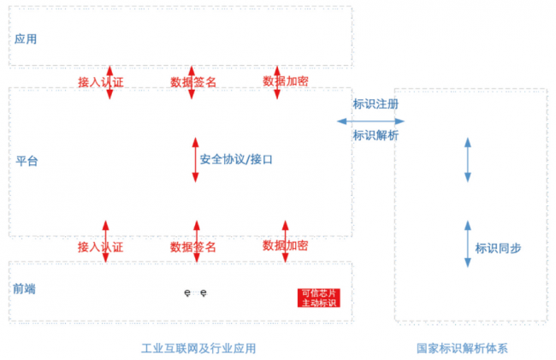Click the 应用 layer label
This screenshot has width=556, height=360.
(x=26, y=39)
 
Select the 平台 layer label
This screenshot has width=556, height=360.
(x=27, y=161)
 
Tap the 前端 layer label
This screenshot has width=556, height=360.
(x=26, y=289)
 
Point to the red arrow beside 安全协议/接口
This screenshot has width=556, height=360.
(x=196, y=160)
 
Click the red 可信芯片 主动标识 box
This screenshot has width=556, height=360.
(x=318, y=298)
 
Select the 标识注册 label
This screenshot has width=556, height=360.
(x=376, y=104)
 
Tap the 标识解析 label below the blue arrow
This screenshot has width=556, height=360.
(x=376, y=135)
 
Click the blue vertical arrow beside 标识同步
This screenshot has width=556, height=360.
(x=468, y=243)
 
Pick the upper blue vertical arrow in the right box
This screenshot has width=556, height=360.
(x=468, y=160)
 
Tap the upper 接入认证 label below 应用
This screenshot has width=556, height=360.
(x=100, y=82)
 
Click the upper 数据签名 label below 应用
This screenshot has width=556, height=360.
(x=193, y=82)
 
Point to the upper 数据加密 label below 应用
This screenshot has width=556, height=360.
(x=286, y=81)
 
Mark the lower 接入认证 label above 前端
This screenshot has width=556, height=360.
(x=100, y=247)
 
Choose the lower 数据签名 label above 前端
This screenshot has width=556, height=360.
(x=193, y=247)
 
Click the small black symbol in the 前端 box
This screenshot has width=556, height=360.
(x=196, y=293)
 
